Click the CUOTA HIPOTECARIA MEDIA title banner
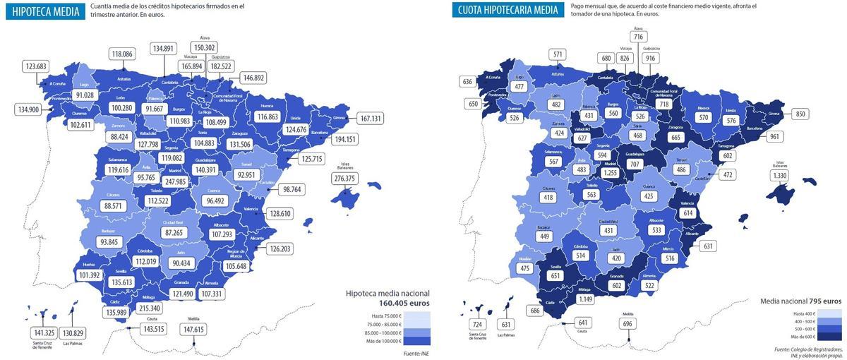508,10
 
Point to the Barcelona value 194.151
346,139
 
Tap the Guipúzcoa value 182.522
221,66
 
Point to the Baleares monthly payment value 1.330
779,176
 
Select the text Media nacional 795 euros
800,301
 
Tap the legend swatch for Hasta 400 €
830,313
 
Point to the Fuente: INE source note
416,354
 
